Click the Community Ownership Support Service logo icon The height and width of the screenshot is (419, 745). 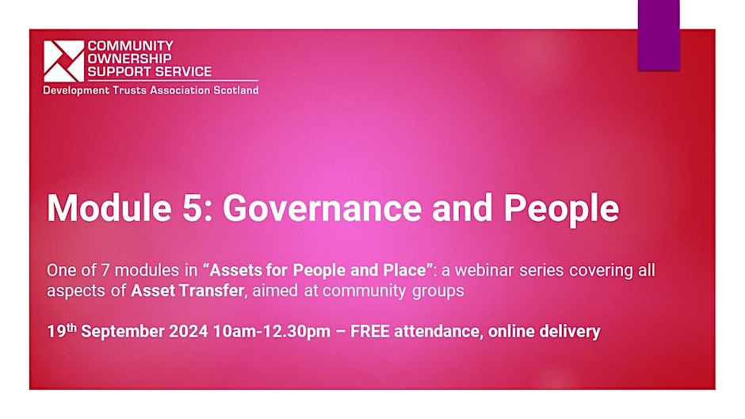[63, 61]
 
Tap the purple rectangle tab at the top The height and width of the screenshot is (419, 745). [659, 35]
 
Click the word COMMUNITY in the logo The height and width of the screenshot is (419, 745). [131, 46]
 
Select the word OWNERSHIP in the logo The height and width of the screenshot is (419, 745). [129, 59]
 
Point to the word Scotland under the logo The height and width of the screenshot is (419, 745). [235, 90]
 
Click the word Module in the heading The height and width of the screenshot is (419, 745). [109, 208]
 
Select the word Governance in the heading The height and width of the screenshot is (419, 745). [322, 208]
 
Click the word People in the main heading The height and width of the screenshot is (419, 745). [561, 209]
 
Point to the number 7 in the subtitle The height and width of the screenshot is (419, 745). [105, 270]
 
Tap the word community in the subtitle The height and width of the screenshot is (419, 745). [365, 291]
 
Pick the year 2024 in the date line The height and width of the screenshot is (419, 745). [189, 331]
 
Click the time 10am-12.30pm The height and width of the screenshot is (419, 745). [272, 332]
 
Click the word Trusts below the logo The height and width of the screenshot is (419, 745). [130, 90]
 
